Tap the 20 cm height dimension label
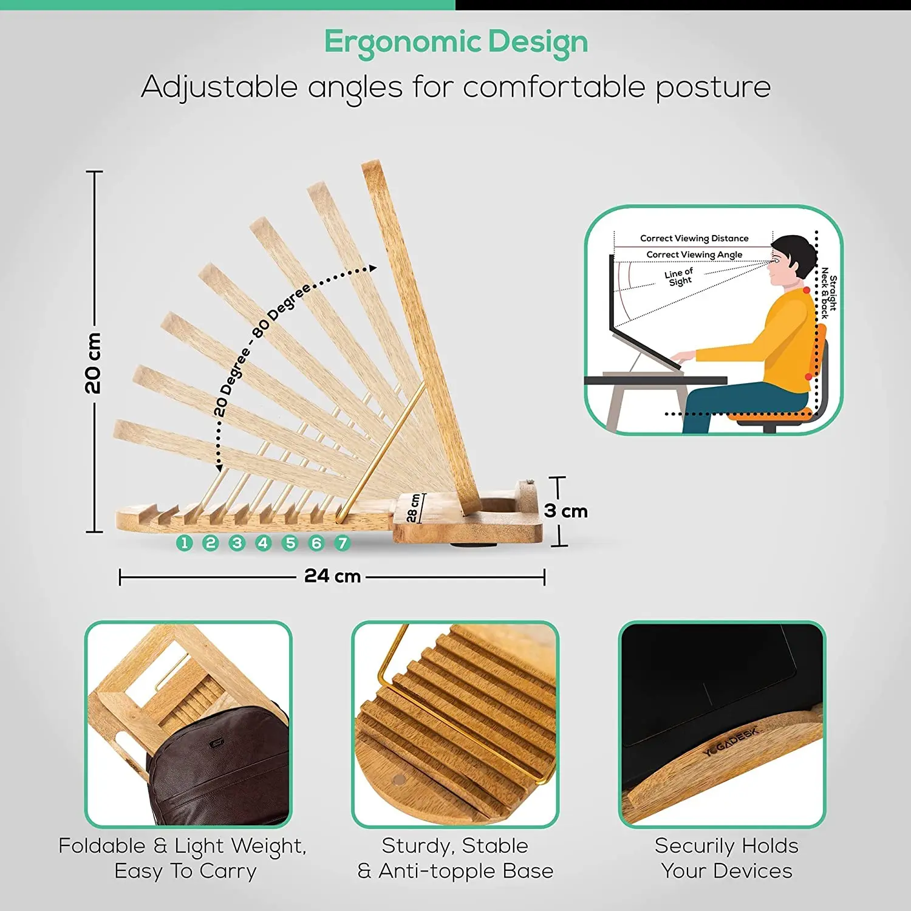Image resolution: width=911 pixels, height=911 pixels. coord(93,363)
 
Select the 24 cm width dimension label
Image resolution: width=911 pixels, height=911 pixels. coord(333,576)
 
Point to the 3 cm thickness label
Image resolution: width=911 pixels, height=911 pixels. coord(566,511)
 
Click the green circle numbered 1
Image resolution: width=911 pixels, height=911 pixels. coord(185,543)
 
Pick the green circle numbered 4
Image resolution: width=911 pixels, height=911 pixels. coord(264,543)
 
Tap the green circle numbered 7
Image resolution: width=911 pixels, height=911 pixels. coord(343,543)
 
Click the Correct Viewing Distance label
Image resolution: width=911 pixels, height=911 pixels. coord(694,238)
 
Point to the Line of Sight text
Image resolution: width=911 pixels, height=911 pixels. coord(679,277)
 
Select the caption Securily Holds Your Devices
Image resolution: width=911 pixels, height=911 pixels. coord(727,858)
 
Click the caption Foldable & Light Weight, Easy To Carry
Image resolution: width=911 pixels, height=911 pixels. coord(183,858)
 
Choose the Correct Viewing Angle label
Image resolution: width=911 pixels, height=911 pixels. coord(694,254)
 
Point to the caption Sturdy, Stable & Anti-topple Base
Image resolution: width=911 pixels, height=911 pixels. coord(455,858)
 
